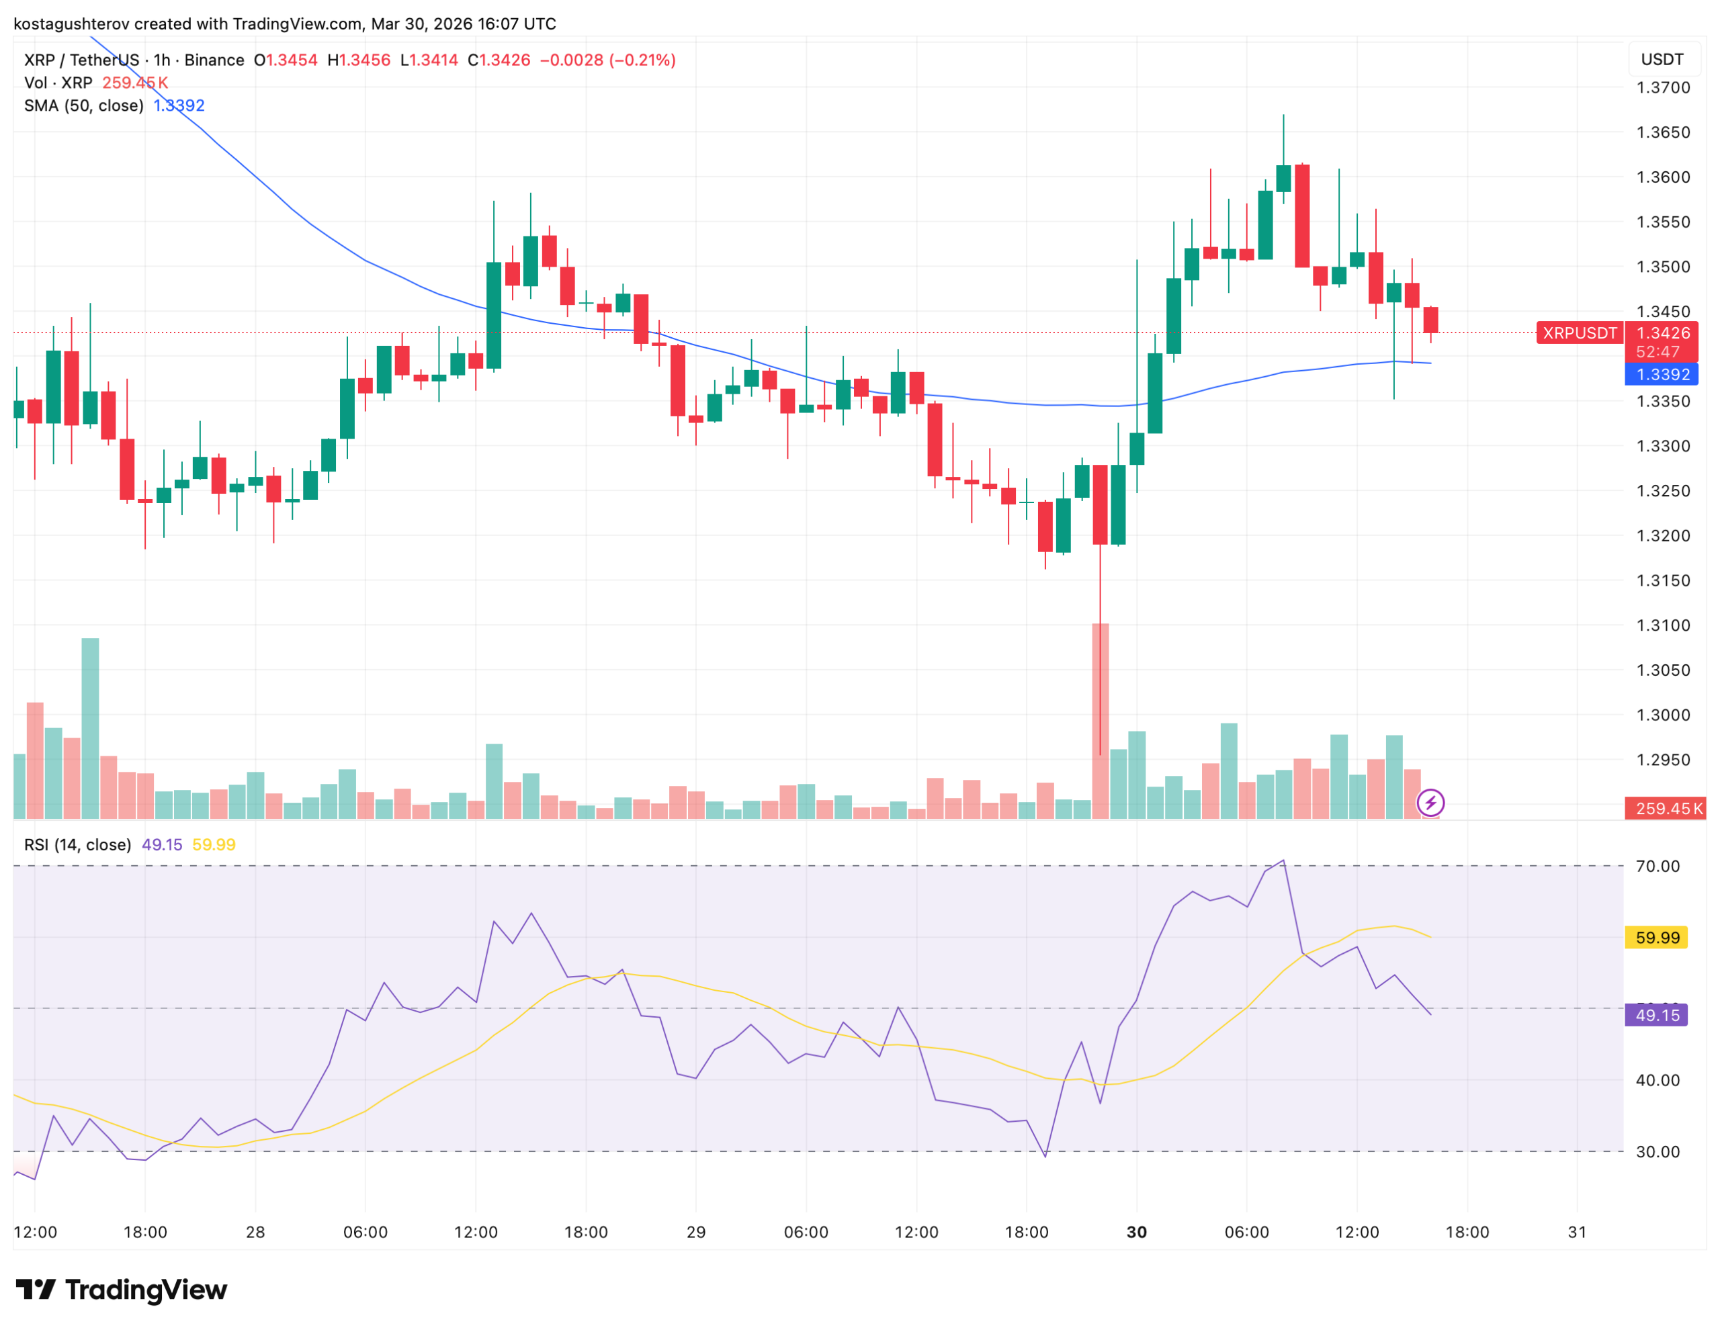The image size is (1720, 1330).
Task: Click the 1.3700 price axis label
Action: [x=1662, y=87]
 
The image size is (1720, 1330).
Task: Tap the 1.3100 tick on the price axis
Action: [x=1662, y=625]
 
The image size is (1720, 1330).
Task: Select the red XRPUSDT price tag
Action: [x=1579, y=333]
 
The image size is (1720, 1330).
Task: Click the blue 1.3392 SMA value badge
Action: [x=1662, y=375]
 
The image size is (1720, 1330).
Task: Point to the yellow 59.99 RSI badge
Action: [x=1657, y=938]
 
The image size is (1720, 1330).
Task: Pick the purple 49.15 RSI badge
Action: [x=1657, y=1015]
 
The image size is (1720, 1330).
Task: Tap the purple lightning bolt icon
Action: [x=1430, y=803]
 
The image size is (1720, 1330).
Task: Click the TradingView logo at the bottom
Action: [x=122, y=1290]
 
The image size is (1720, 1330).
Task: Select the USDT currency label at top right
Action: [x=1662, y=60]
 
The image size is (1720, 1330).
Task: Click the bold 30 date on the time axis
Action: [x=1136, y=1233]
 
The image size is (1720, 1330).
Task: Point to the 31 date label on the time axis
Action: [x=1577, y=1233]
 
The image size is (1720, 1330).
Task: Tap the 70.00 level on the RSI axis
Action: [x=1657, y=867]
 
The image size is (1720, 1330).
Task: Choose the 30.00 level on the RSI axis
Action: [x=1657, y=1152]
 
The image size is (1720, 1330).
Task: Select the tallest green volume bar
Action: [x=91, y=728]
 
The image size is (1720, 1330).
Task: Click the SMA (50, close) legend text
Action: [x=83, y=105]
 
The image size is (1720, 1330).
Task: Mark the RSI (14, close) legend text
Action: [x=77, y=845]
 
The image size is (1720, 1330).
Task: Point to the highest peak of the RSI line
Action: [x=1284, y=860]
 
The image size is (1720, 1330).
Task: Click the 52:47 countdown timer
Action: [x=1657, y=352]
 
